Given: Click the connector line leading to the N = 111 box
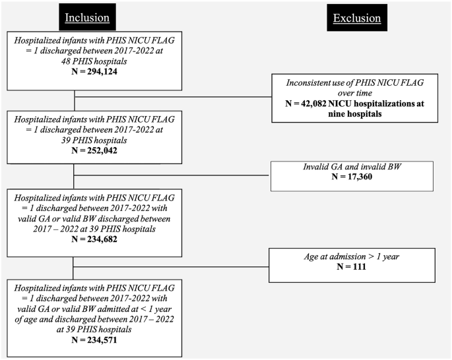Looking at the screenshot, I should pos(172,266).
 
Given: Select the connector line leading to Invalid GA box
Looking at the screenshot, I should pos(172,176).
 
